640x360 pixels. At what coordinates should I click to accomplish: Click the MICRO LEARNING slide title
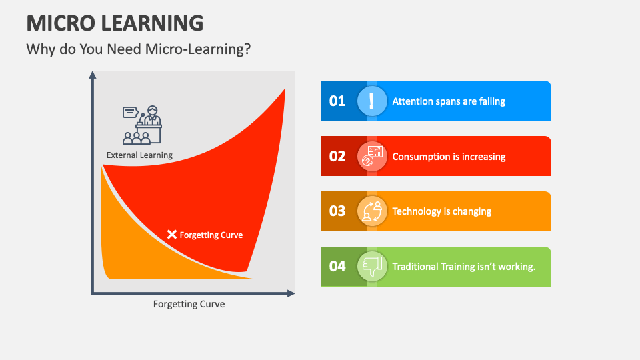click(115, 23)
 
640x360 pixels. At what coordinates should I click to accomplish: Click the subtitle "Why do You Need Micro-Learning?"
click(139, 49)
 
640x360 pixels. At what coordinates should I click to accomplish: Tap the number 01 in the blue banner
click(337, 101)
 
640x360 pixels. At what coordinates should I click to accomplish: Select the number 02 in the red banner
click(337, 156)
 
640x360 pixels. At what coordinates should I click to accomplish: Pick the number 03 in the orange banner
click(337, 211)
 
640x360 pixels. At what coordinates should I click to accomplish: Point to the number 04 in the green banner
click(337, 267)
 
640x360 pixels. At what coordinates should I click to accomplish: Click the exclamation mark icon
click(372, 101)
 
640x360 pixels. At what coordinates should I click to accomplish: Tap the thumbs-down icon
click(372, 267)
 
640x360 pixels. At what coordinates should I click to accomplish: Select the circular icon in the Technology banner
click(372, 211)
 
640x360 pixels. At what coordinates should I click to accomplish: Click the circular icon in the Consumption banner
click(372, 156)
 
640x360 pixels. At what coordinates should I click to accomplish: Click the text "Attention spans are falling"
click(449, 101)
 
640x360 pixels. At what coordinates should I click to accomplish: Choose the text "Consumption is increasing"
click(449, 157)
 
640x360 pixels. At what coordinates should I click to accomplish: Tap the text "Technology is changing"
click(441, 211)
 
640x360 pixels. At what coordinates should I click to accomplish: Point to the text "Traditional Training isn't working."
click(464, 267)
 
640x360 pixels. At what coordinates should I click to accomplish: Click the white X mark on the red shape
click(172, 234)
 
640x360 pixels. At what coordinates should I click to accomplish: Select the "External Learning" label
click(139, 155)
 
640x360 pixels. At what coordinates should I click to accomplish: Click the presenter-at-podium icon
click(142, 125)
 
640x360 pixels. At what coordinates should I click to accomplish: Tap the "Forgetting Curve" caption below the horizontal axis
click(189, 304)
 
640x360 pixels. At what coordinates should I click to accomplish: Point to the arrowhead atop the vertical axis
click(93, 75)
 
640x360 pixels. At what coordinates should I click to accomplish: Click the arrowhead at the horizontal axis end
click(291, 293)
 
